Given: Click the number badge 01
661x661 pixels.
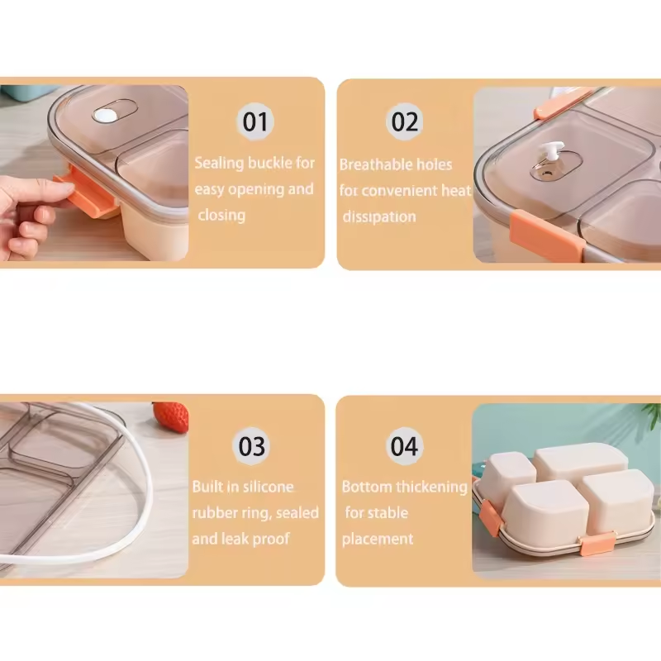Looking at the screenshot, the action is pyautogui.click(x=255, y=121).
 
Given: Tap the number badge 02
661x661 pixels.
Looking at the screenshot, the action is pyautogui.click(x=405, y=121).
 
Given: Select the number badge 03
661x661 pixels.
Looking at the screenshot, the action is pyautogui.click(x=252, y=446).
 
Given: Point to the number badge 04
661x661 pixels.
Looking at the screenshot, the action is pyautogui.click(x=404, y=446).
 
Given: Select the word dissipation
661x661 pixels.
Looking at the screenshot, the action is pyautogui.click(x=379, y=216).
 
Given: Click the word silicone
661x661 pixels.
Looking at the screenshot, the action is pyautogui.click(x=269, y=487).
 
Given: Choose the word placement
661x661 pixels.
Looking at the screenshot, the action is pyautogui.click(x=378, y=540).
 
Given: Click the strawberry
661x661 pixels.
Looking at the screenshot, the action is pyautogui.click(x=171, y=416).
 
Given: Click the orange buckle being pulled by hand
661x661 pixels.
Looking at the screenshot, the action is pyautogui.click(x=88, y=193).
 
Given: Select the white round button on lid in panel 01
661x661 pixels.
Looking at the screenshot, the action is pyautogui.click(x=105, y=116).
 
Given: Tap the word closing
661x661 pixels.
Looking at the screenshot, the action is pyautogui.click(x=221, y=216).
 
